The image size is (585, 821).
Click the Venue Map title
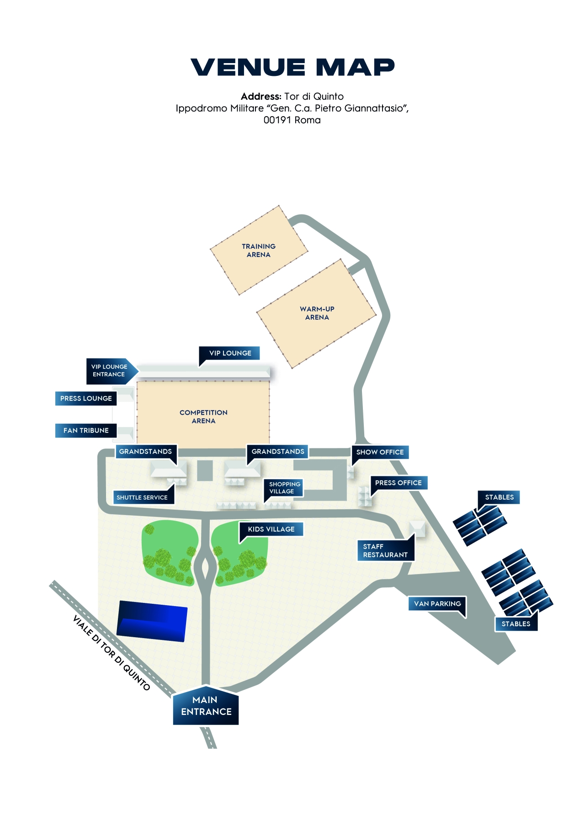[x=292, y=67]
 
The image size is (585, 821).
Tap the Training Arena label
[x=259, y=251]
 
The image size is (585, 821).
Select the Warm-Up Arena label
[x=317, y=313]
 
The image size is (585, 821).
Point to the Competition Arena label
[x=203, y=416]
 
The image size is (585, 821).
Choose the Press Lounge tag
[x=86, y=398]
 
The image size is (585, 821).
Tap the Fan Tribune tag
[x=86, y=431]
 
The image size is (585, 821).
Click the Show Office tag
[x=380, y=452]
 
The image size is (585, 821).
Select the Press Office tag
[x=399, y=483]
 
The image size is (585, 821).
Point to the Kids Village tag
[x=271, y=529]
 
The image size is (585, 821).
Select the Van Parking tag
[x=437, y=603]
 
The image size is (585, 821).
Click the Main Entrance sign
[x=206, y=705]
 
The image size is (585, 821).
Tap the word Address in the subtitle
[x=261, y=96]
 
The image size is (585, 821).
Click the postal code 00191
[x=277, y=120]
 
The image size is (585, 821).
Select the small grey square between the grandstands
[x=205, y=470]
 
